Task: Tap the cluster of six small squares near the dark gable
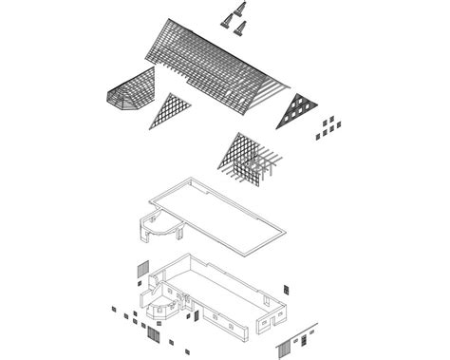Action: point(326,124)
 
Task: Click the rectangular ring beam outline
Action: point(217,213)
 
